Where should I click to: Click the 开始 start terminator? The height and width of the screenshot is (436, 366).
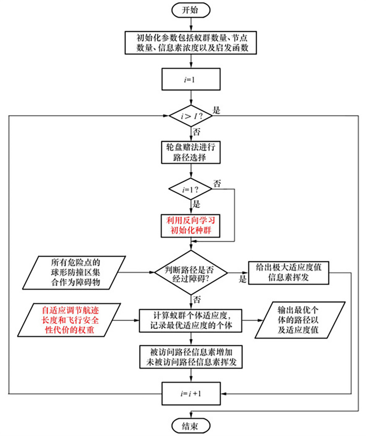pyautogui.click(x=191, y=10)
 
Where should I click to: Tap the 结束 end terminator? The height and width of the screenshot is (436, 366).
pyautogui.click(x=191, y=426)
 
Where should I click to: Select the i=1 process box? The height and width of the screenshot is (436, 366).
pyautogui.click(x=191, y=79)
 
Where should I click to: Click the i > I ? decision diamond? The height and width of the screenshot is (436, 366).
pyautogui.click(x=191, y=116)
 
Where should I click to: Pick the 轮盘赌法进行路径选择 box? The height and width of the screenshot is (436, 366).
pyautogui.click(x=191, y=152)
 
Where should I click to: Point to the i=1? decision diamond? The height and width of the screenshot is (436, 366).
pyautogui.click(x=191, y=189)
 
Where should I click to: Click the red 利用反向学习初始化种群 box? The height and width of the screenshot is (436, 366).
pyautogui.click(x=191, y=226)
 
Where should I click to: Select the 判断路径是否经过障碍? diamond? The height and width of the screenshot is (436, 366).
pyautogui.click(x=191, y=273)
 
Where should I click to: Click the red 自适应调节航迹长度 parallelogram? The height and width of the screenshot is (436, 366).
pyautogui.click(x=70, y=320)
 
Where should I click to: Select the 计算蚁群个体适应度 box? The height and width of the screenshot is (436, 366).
pyautogui.click(x=191, y=321)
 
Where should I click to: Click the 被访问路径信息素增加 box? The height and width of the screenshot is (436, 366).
pyautogui.click(x=191, y=357)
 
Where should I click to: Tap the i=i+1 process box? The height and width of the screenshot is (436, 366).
pyautogui.click(x=191, y=394)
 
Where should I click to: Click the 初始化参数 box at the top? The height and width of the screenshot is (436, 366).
pyautogui.click(x=191, y=43)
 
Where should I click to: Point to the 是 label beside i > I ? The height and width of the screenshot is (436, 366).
pyautogui.click(x=216, y=110)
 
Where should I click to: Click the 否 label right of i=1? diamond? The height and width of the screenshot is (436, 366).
pyautogui.click(x=217, y=184)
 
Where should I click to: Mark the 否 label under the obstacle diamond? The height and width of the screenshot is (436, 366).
pyautogui.click(x=197, y=299)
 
